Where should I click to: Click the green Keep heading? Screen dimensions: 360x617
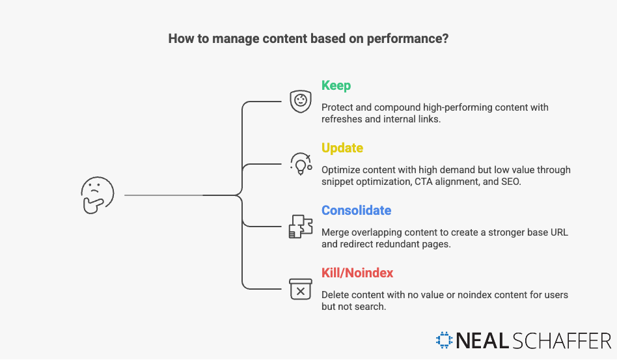point(336,86)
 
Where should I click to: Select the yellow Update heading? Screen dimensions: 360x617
point(342,148)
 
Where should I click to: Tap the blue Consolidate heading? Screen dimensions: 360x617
point(356,211)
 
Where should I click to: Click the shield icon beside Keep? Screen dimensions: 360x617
point(300,102)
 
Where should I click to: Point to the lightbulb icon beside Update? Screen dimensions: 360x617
point(301,164)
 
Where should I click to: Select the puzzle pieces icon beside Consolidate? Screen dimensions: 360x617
point(300,226)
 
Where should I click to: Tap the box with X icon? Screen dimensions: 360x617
point(300,289)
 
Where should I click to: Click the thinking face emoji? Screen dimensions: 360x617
point(98,195)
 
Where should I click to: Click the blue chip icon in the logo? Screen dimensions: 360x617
point(445,340)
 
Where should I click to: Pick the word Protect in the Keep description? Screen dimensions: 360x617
point(337,107)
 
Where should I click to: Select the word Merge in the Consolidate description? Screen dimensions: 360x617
point(335,232)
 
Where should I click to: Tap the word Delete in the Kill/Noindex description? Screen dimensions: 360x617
point(336,295)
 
